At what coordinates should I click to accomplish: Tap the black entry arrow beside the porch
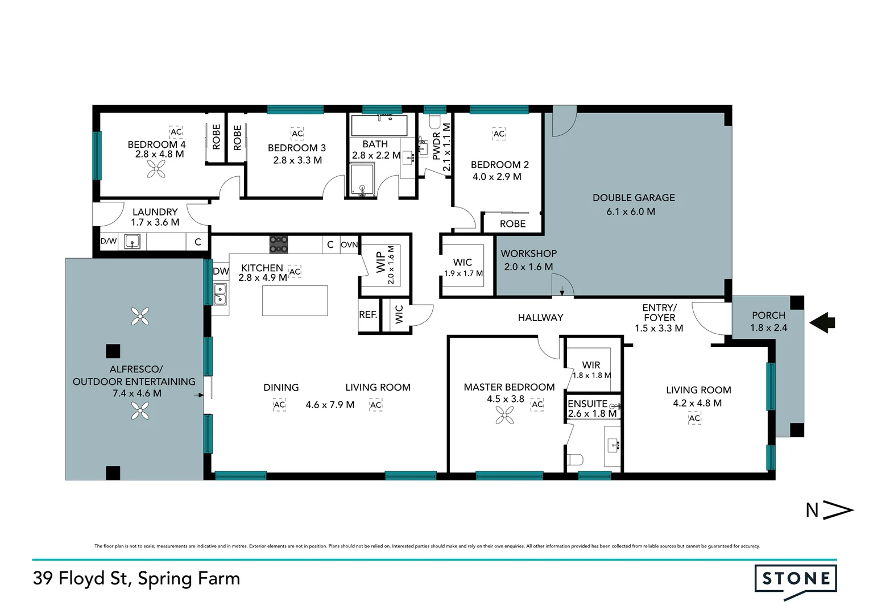click(x=822, y=323)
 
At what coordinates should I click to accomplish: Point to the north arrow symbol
click(x=830, y=510)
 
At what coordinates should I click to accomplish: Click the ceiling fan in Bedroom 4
click(x=156, y=169)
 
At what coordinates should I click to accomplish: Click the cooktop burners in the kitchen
click(x=279, y=244)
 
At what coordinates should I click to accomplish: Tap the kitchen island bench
click(x=295, y=301)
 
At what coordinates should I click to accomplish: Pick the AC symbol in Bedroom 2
click(x=499, y=134)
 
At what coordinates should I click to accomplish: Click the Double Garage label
click(x=634, y=198)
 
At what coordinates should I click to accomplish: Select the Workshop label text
click(x=528, y=254)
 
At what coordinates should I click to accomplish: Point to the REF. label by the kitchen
click(x=368, y=314)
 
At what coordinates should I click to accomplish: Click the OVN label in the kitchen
click(x=349, y=244)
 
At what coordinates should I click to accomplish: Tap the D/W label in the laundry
click(x=109, y=241)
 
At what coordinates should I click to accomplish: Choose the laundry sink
click(x=132, y=242)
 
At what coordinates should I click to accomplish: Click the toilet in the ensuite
click(x=575, y=459)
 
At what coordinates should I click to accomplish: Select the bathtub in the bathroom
click(x=379, y=125)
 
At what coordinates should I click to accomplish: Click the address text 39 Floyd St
click(x=81, y=578)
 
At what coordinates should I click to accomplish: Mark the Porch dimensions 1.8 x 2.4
click(x=768, y=328)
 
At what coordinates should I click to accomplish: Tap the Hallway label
click(x=540, y=318)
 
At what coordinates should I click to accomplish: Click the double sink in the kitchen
click(x=220, y=294)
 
